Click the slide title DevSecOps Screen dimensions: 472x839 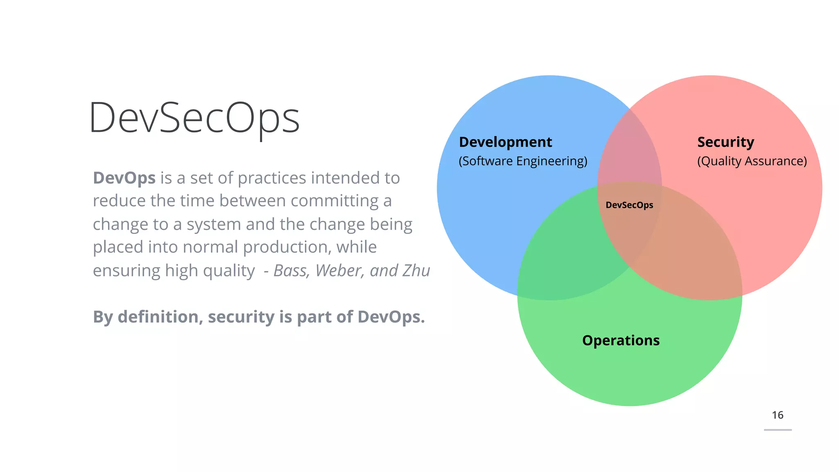(x=194, y=118)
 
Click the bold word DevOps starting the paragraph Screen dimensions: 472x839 (x=124, y=178)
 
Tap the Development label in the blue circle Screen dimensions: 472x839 (x=505, y=142)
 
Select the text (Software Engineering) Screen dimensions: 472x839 (x=523, y=161)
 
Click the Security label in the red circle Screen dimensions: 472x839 (x=726, y=142)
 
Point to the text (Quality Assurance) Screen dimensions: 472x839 (x=752, y=161)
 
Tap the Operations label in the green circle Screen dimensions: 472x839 (x=621, y=340)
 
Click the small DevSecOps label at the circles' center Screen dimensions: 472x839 (x=629, y=205)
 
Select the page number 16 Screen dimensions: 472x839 (x=777, y=415)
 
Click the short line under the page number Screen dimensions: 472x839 (x=778, y=430)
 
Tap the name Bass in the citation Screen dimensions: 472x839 (x=291, y=271)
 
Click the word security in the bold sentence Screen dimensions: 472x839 (x=241, y=317)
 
